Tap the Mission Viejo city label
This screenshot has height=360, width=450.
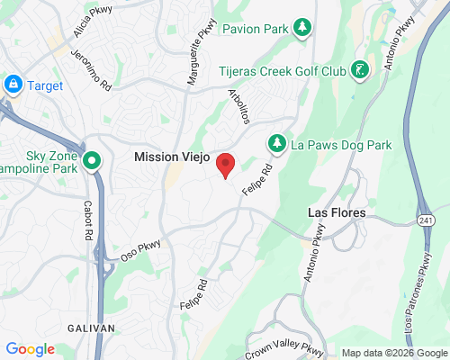tap(172, 157)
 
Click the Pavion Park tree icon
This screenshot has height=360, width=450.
tap(303, 29)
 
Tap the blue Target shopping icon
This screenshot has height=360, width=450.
tap(13, 85)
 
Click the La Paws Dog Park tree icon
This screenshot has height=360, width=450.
tap(276, 144)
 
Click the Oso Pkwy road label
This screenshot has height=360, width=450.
tap(140, 242)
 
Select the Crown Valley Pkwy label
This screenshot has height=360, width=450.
tap(283, 347)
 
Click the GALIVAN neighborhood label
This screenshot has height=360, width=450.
tap(91, 328)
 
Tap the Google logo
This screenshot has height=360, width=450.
tap(30, 349)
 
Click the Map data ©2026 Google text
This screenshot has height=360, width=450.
tap(392, 353)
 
